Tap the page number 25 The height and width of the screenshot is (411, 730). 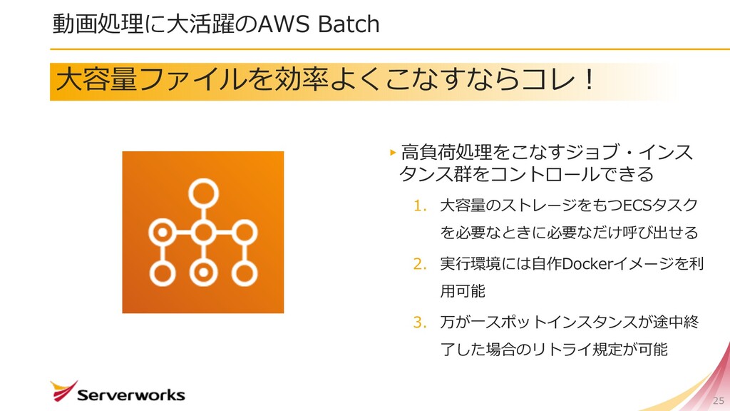pyautogui.click(x=718, y=400)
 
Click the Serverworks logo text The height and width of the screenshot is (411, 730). pyautogui.click(x=130, y=395)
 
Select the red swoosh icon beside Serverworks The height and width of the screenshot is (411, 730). pyautogui.click(x=63, y=390)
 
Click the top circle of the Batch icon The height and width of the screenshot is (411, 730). pyautogui.click(x=204, y=191)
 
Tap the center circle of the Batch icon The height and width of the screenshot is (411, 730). pyautogui.click(x=204, y=232)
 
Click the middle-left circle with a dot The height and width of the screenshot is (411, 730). pyautogui.click(x=163, y=232)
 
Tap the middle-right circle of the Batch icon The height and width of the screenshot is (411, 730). pyautogui.click(x=245, y=232)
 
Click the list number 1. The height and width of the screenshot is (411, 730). pyautogui.click(x=419, y=206)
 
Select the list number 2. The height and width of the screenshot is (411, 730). pyautogui.click(x=419, y=265)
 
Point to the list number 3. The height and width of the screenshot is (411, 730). pyautogui.click(x=419, y=323)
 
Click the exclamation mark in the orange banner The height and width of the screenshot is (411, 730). pyautogui.click(x=589, y=81)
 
